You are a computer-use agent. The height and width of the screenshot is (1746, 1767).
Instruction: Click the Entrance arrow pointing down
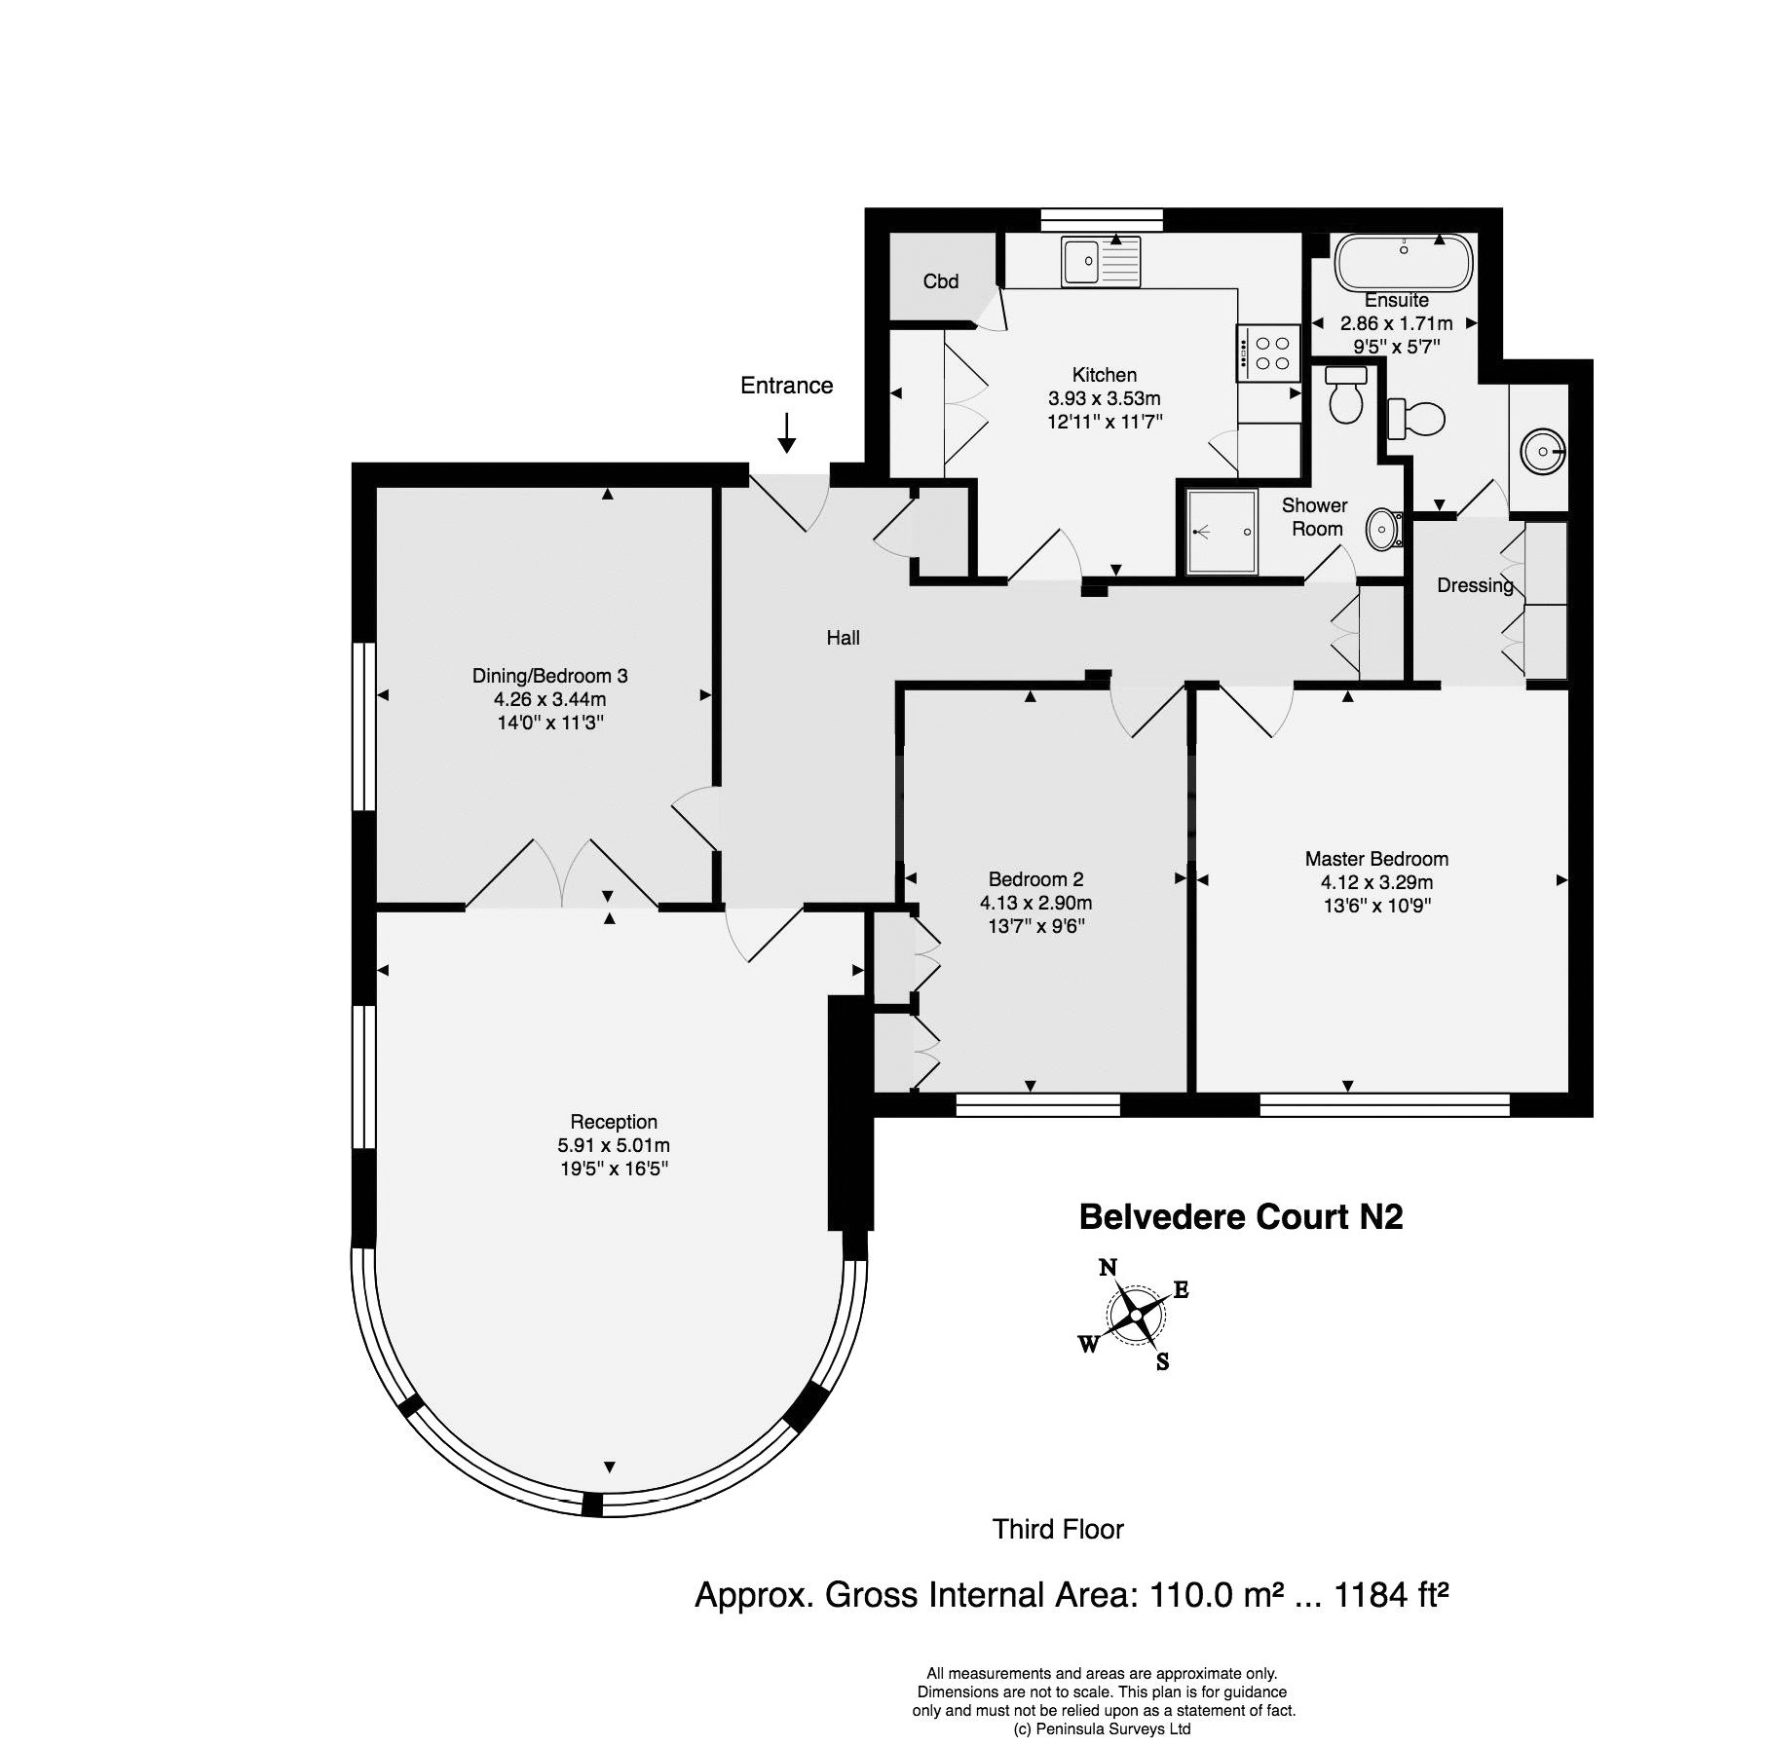point(786,432)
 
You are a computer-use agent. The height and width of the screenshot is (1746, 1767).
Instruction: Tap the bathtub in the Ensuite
point(1404,262)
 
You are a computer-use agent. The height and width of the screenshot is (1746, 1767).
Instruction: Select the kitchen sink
point(1100,262)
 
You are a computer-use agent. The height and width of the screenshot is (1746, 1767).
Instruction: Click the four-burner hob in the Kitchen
point(1269,353)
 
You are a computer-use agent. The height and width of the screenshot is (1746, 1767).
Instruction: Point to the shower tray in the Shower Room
point(1222,532)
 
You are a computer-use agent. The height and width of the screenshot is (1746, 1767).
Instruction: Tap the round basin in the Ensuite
point(1543,451)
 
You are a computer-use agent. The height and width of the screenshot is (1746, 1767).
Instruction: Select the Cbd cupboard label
point(941,281)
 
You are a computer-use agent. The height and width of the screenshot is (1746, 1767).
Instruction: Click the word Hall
point(844,638)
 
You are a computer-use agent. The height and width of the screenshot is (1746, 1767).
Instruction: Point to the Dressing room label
point(1476,585)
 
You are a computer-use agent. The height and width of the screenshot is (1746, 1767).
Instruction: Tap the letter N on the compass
point(1108,1268)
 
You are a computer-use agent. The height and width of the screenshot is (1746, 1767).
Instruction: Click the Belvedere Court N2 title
point(1241,1217)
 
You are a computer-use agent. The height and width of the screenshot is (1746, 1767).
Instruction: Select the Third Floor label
point(1058,1529)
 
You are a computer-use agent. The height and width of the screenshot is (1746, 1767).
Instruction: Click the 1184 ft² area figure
point(1391,1594)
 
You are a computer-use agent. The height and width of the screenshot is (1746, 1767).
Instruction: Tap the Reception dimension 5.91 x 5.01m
point(614,1145)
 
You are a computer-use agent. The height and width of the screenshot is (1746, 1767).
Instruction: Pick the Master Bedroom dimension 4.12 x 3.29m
point(1376,882)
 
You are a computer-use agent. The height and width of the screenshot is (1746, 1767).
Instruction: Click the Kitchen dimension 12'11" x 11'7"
point(1105,422)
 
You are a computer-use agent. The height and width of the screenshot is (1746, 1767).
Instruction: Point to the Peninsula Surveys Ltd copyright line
point(1103,1729)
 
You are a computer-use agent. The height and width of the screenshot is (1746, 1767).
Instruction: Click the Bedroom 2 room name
point(1035,879)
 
